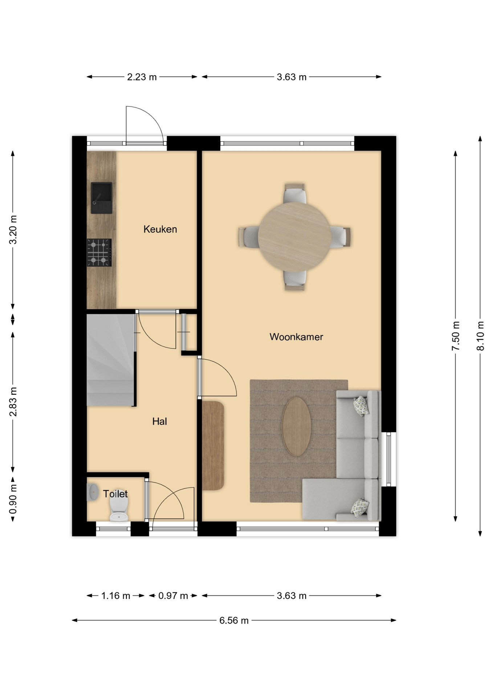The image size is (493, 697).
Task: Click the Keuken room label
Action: [160, 229]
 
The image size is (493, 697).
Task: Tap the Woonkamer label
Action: [296, 337]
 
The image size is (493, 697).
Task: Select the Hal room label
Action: [159, 421]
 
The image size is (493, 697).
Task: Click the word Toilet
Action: [115, 494]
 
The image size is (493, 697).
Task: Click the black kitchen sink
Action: [101, 198]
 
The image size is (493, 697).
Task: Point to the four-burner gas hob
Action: [99, 252]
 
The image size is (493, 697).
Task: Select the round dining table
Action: [294, 237]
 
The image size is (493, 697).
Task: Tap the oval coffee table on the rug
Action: [296, 427]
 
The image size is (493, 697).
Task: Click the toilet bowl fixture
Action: [119, 509]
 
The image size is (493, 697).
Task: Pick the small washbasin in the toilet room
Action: [93, 492]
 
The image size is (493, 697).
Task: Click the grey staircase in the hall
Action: [110, 360]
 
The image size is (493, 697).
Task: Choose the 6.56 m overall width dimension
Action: [234, 620]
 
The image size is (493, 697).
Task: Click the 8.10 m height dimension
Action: [480, 336]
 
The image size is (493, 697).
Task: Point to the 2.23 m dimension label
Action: [142, 77]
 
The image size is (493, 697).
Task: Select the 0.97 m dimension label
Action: [173, 596]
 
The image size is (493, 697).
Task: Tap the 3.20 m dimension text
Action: [13, 230]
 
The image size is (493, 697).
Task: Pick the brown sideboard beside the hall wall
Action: [213, 445]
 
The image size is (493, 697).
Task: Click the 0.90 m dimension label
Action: [13, 500]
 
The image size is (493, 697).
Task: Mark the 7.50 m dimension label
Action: [456, 336]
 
